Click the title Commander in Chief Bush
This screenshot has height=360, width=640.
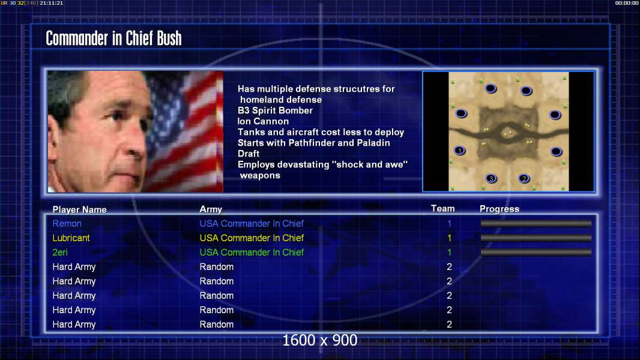[113, 38]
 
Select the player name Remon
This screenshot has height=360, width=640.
[67, 223]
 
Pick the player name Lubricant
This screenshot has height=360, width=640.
[71, 238]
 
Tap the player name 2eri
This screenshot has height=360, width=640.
[60, 253]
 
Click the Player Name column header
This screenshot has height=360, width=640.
[80, 209]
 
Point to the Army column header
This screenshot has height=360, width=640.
[211, 209]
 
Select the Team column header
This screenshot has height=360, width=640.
[443, 208]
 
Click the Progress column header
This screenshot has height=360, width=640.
[500, 209]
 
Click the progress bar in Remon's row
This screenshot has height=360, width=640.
[536, 223]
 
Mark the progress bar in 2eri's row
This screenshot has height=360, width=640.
[536, 253]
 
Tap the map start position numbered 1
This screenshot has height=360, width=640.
[460, 151]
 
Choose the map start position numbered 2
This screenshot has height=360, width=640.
[524, 178]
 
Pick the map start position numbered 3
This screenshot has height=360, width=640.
[491, 178]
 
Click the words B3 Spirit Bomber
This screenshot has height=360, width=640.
[275, 110]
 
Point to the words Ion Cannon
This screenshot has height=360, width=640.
[264, 121]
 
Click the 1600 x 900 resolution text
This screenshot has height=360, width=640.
[319, 340]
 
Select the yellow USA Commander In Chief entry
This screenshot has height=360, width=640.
[252, 238]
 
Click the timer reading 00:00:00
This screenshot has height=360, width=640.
[627, 3]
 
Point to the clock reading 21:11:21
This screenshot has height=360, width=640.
[51, 3]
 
